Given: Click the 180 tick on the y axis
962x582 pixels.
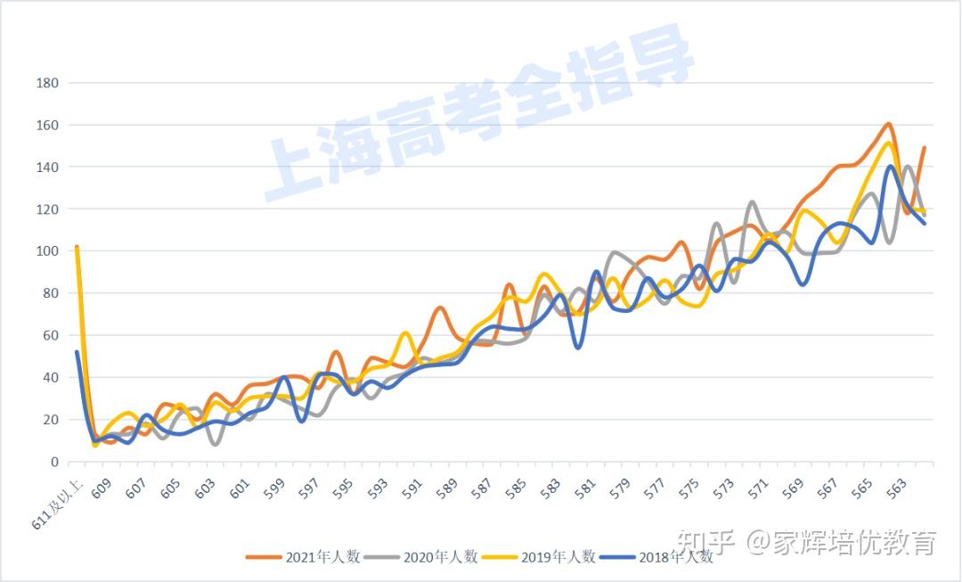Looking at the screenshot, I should [46, 83].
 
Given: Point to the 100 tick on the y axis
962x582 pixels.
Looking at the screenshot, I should [46, 251].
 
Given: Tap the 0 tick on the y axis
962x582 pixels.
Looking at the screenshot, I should [53, 462].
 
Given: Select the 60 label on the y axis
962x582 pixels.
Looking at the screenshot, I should [50, 335].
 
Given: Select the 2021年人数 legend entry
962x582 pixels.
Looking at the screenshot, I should [304, 557].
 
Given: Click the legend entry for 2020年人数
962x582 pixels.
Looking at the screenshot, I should [421, 557].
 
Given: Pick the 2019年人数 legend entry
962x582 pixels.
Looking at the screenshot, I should [539, 557].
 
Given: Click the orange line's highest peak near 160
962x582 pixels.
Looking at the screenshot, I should [889, 124].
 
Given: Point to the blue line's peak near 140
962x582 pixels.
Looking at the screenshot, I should [890, 167].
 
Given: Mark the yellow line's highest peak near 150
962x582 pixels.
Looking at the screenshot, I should [888, 143].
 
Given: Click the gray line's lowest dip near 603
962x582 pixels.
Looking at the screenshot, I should [215, 443].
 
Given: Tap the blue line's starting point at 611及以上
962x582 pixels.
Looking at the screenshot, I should [77, 351].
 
